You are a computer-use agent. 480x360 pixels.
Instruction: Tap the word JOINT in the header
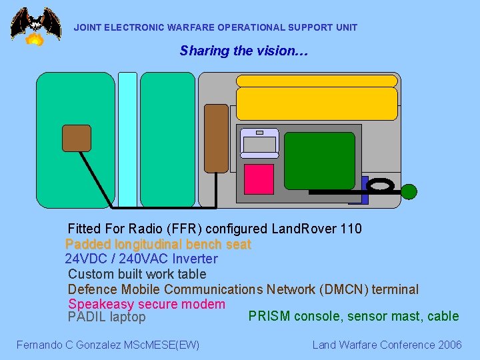(87, 28)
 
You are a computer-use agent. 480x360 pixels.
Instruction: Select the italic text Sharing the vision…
(243, 51)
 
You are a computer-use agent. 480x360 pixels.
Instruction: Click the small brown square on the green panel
(76, 138)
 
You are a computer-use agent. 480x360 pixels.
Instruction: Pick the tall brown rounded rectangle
(216, 138)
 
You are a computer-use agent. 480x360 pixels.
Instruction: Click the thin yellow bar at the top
(317, 81)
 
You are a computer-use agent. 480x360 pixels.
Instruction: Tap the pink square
(259, 179)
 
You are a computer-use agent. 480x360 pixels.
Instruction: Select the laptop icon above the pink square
(259, 141)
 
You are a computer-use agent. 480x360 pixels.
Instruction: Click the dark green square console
(319, 161)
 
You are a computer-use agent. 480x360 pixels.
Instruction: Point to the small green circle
(409, 192)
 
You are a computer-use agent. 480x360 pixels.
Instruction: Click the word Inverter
(195, 259)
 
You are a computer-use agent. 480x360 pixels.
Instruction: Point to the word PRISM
(267, 316)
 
